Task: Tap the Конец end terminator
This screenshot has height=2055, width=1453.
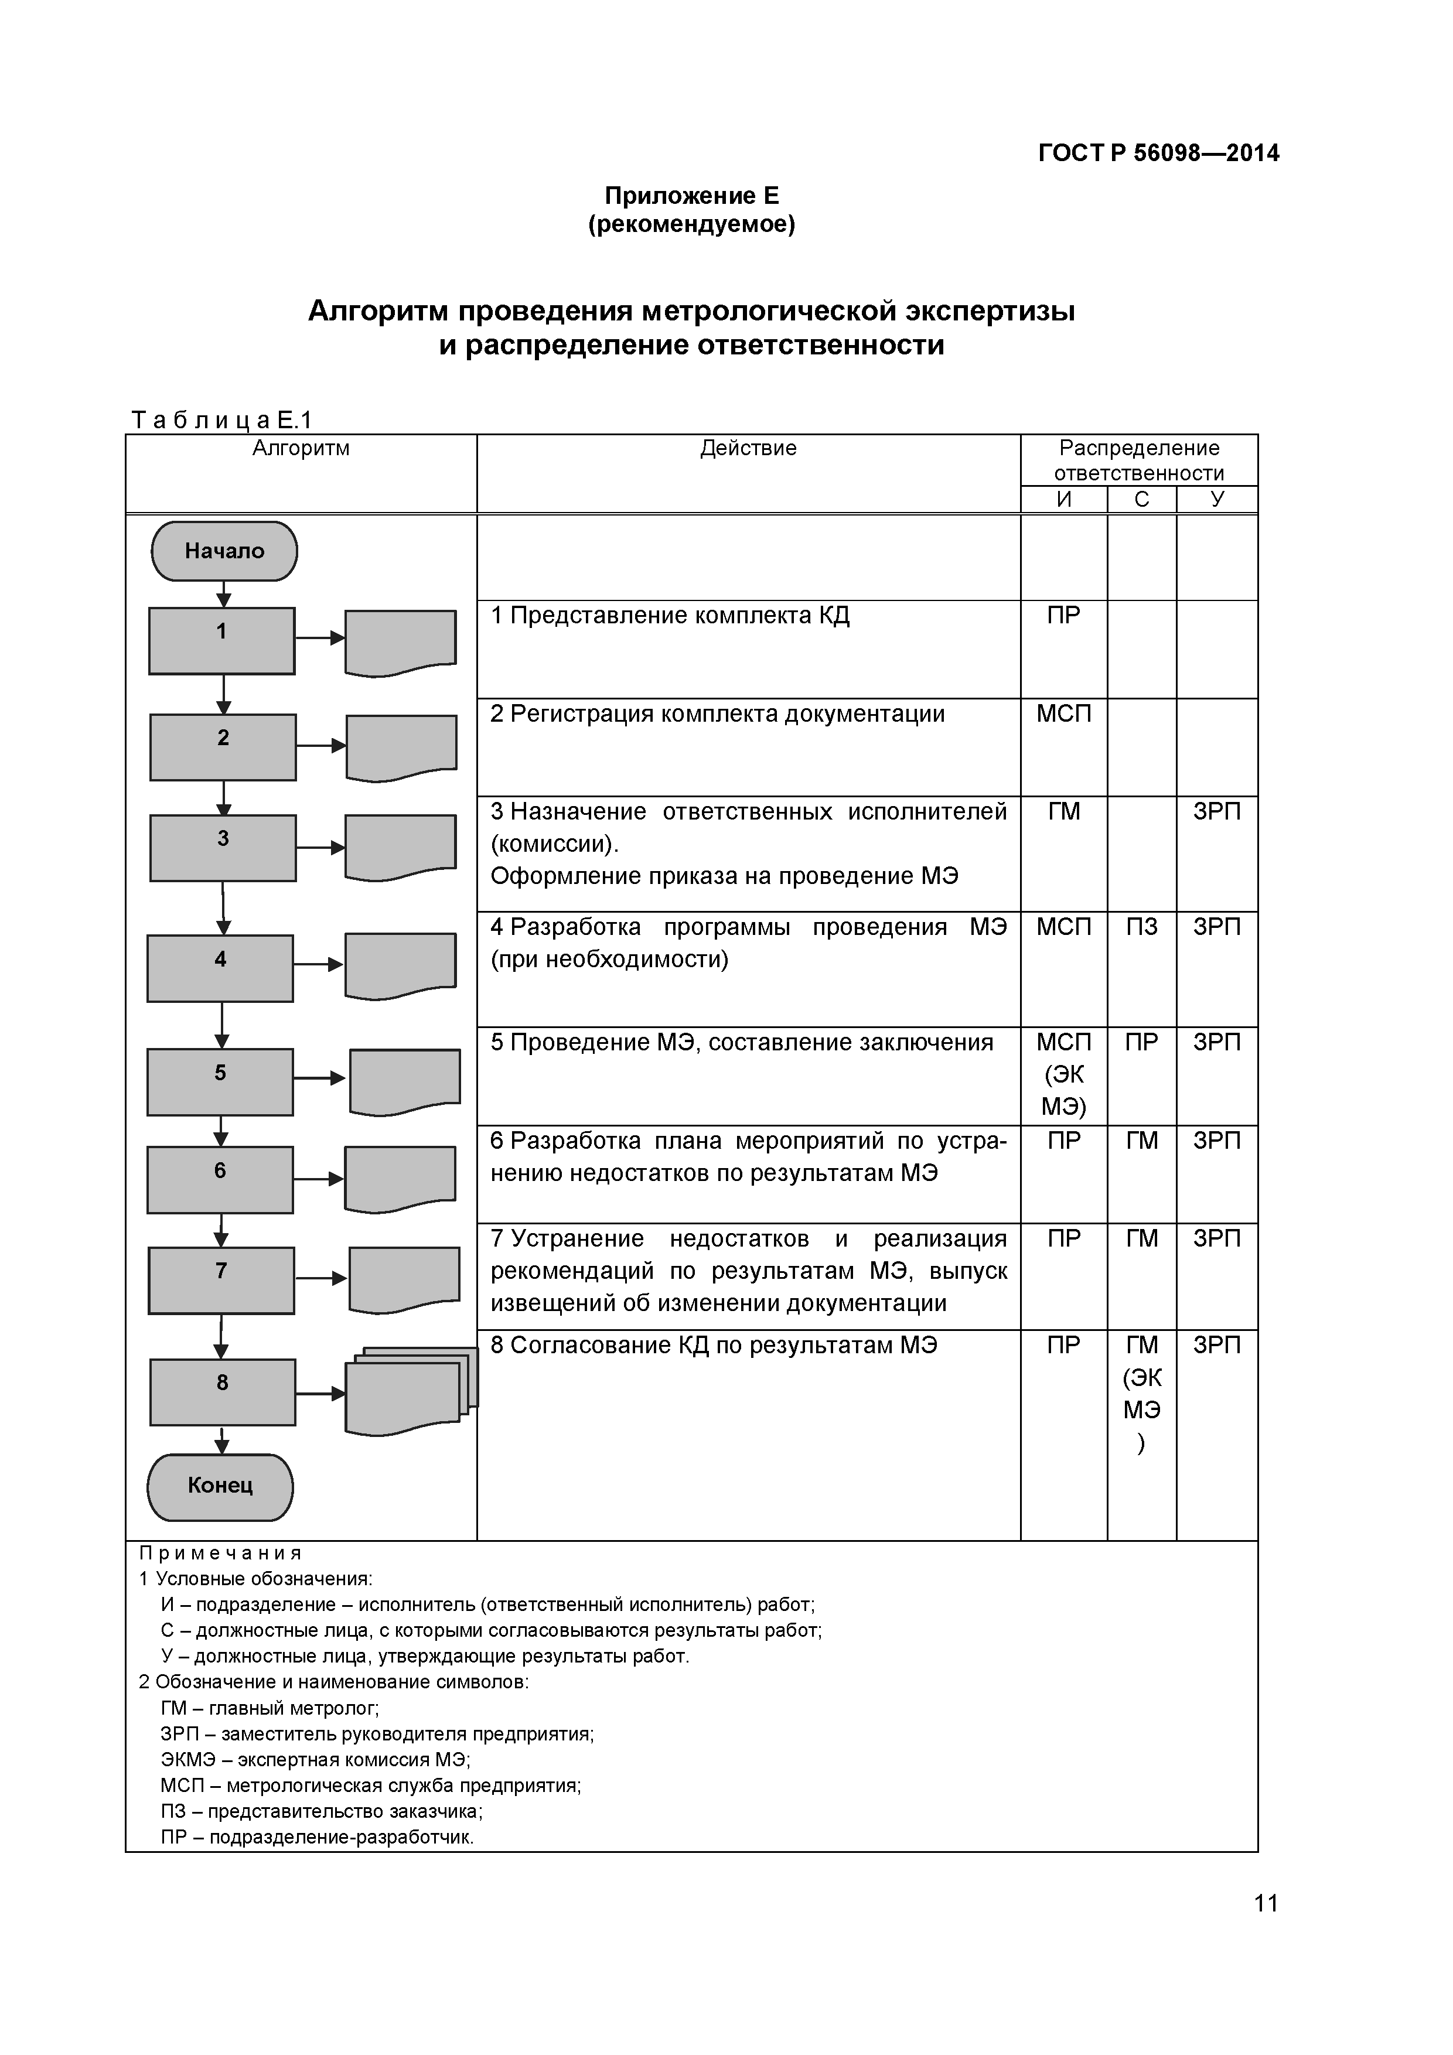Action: click(220, 1486)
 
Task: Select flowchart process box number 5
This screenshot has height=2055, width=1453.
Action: click(220, 1082)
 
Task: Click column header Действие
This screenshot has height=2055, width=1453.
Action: click(748, 448)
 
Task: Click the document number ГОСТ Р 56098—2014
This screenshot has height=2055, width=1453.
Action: click(1158, 153)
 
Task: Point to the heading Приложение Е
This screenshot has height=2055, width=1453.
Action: click(691, 195)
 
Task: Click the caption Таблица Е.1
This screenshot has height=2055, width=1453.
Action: click(221, 420)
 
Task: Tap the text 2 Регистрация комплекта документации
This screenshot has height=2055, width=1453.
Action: click(717, 714)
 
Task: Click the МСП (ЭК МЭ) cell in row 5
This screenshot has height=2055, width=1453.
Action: click(1063, 1074)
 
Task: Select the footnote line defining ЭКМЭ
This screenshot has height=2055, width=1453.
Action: click(315, 1758)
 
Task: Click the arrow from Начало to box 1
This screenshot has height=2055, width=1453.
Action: click(224, 595)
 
